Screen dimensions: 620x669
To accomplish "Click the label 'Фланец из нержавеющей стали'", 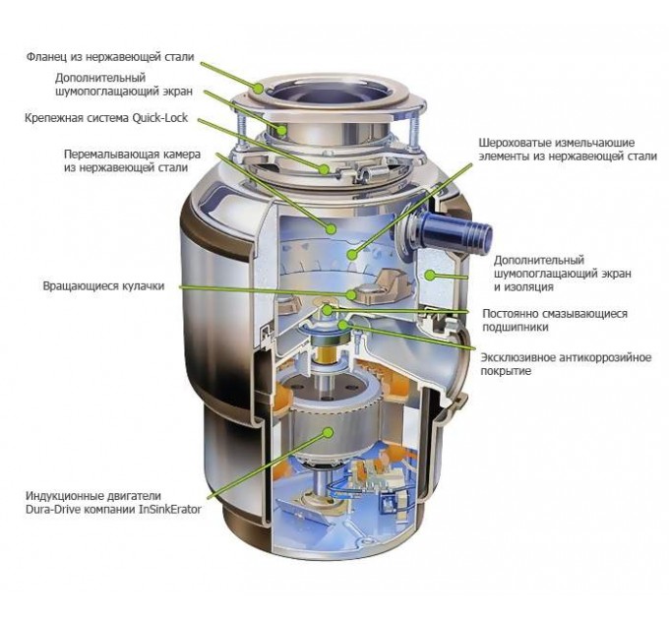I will (111, 56).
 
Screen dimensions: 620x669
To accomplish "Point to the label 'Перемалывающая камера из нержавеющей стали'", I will (125, 161).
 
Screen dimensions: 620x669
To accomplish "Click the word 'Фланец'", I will (46, 56).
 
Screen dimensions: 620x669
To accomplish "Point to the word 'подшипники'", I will (517, 328).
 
